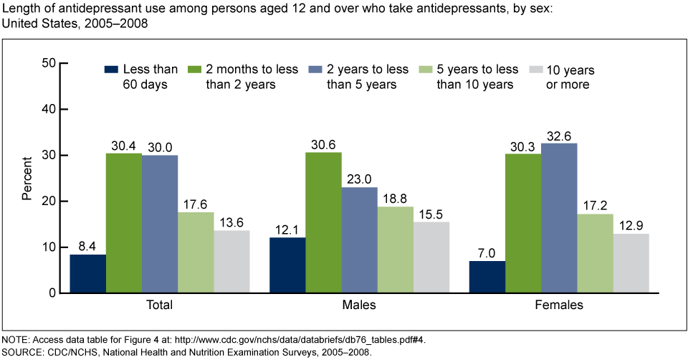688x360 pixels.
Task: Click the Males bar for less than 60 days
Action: tap(287, 265)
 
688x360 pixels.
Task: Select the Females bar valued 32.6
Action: tap(559, 218)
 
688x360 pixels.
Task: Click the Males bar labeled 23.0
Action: tap(359, 240)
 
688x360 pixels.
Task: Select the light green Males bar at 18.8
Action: tap(396, 250)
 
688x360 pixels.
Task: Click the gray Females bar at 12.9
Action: tap(631, 263)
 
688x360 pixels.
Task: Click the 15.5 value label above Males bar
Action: tap(431, 214)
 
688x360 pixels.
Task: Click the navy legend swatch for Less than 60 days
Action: tap(110, 70)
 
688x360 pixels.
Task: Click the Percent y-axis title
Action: tap(27, 178)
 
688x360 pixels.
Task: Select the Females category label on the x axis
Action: tap(559, 305)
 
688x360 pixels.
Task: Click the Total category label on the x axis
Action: tap(160, 305)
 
